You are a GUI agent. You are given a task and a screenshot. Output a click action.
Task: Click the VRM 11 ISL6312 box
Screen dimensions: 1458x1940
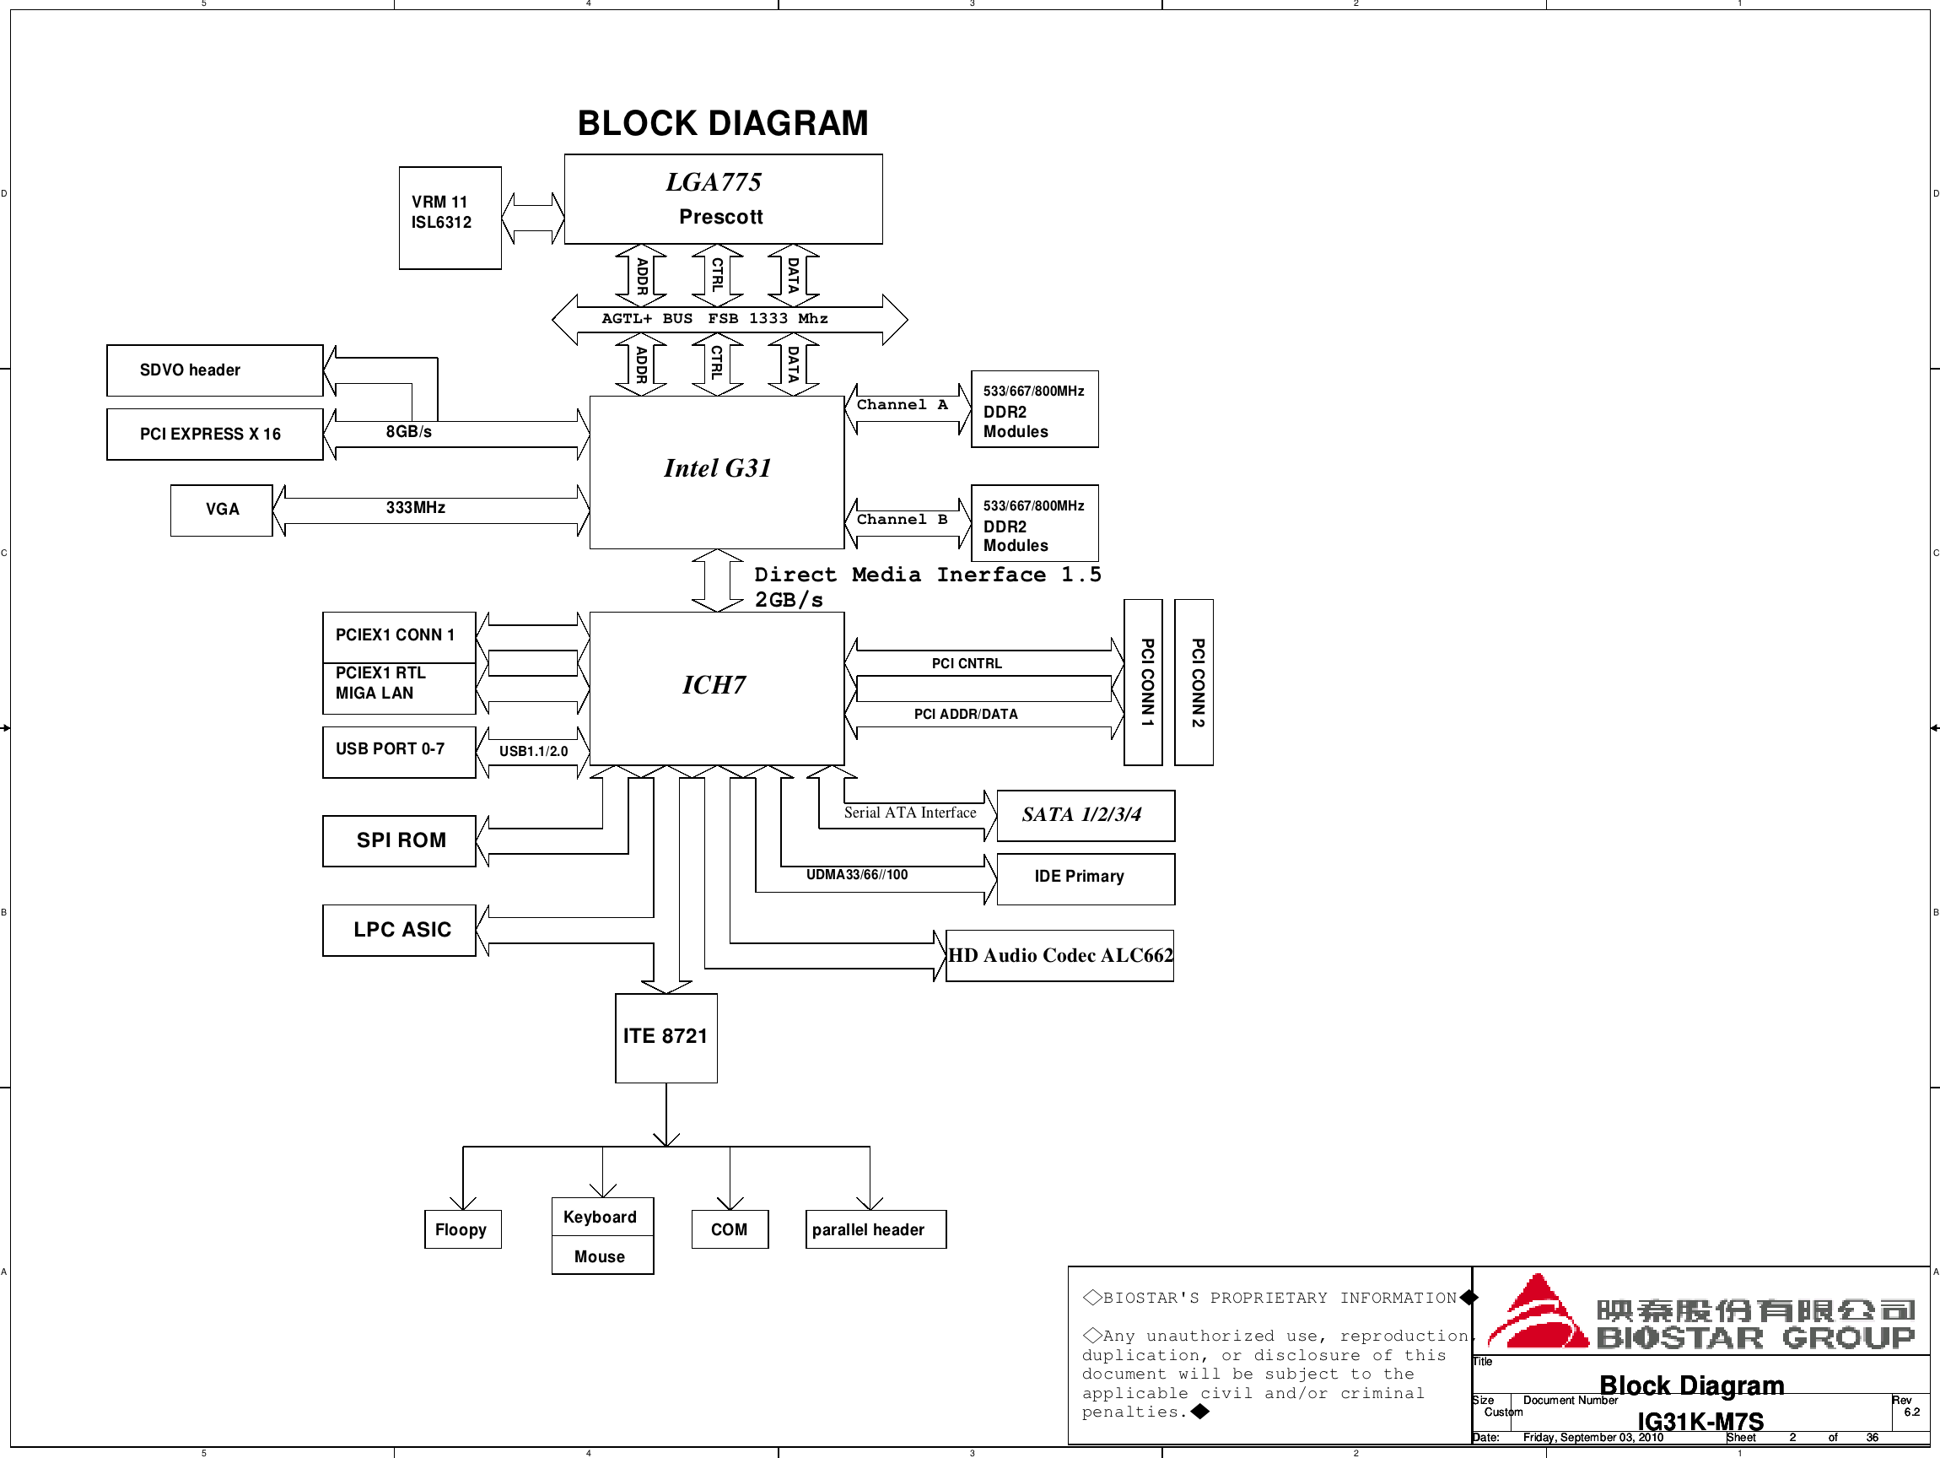click(x=450, y=217)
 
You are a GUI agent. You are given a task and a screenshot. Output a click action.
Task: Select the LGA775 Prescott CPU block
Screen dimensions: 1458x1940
click(x=723, y=199)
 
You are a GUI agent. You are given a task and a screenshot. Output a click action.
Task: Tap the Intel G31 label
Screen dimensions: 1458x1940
click(x=717, y=468)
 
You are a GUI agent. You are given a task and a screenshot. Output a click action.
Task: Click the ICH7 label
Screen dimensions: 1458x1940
click(x=714, y=685)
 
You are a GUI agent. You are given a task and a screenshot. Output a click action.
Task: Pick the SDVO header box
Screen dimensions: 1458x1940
click(x=214, y=370)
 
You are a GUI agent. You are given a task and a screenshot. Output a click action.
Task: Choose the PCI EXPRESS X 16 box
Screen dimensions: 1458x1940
click(x=214, y=435)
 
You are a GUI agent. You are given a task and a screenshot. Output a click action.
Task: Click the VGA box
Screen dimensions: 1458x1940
click(x=221, y=510)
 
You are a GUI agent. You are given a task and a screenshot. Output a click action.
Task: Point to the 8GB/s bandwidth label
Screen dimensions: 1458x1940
click(x=409, y=432)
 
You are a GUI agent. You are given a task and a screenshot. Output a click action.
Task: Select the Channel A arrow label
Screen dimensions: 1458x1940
click(x=902, y=404)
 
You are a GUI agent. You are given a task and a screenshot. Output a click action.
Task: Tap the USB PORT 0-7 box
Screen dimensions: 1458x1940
click(x=398, y=751)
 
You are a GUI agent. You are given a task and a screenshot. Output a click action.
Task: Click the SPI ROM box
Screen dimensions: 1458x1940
click(x=399, y=840)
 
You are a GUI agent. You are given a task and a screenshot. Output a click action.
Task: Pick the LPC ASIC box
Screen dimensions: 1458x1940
click(x=399, y=930)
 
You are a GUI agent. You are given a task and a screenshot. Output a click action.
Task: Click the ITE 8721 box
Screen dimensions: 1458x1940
click(x=666, y=1037)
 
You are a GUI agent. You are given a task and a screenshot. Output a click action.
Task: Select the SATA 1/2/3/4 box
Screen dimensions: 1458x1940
click(x=1085, y=815)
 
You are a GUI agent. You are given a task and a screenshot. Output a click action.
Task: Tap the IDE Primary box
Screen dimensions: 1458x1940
click(x=1085, y=877)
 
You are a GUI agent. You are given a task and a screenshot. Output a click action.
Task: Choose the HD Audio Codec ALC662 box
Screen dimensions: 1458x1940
click(x=1059, y=955)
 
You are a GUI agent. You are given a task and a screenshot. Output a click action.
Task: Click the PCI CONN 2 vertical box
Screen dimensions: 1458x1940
click(x=1194, y=683)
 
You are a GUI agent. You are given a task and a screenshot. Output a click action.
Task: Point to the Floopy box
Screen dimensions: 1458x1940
click(x=462, y=1229)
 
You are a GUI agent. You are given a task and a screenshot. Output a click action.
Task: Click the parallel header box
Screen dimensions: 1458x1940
click(x=876, y=1229)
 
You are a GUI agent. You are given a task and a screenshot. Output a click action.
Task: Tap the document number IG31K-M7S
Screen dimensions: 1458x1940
click(x=1700, y=1421)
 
